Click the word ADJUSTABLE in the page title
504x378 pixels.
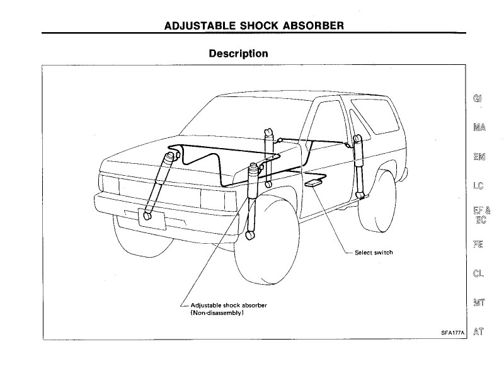[200, 26]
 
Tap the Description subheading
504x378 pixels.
[238, 54]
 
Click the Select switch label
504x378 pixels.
[374, 253]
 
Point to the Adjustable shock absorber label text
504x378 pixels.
[229, 306]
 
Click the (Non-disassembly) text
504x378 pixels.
[217, 312]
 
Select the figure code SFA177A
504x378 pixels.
[452, 333]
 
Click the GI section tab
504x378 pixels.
[478, 98]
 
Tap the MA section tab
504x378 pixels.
[479, 128]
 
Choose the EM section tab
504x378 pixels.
[479, 157]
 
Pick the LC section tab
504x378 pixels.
[478, 186]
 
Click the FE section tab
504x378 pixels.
[478, 244]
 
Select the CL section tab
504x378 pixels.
[478, 273]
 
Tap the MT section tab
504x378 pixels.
[479, 302]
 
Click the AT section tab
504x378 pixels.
[478, 332]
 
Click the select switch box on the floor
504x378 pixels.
[313, 183]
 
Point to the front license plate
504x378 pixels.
[151, 219]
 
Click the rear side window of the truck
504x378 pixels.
[375, 116]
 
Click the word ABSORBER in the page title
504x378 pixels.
[313, 26]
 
